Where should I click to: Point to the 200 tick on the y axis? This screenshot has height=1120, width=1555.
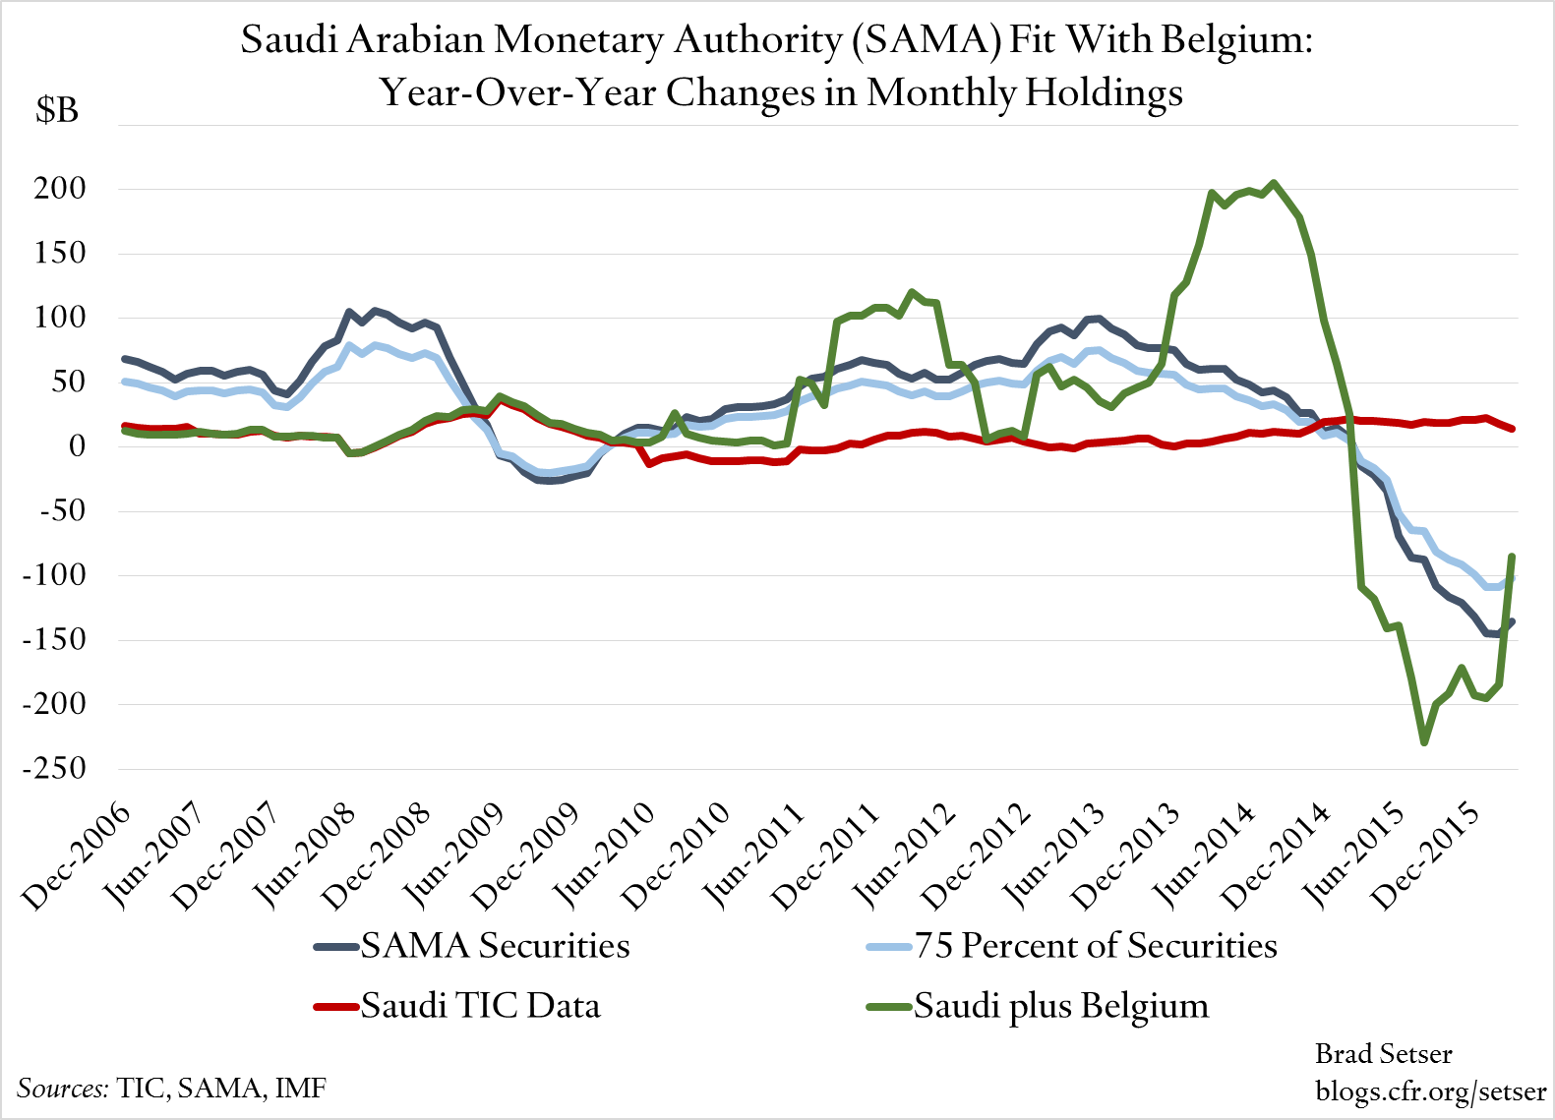click(60, 189)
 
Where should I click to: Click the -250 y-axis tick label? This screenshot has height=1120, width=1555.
click(54, 768)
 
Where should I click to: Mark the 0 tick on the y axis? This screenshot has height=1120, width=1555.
click(77, 446)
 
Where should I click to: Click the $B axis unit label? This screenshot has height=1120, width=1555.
click(57, 110)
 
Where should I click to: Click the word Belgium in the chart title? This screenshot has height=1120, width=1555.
click(1236, 40)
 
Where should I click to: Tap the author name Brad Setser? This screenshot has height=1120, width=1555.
click(1383, 1054)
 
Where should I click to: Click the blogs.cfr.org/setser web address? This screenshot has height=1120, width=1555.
click(1430, 1091)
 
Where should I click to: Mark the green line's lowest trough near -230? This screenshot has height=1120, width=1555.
click(1423, 742)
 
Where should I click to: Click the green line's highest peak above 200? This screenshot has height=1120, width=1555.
click(1274, 182)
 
